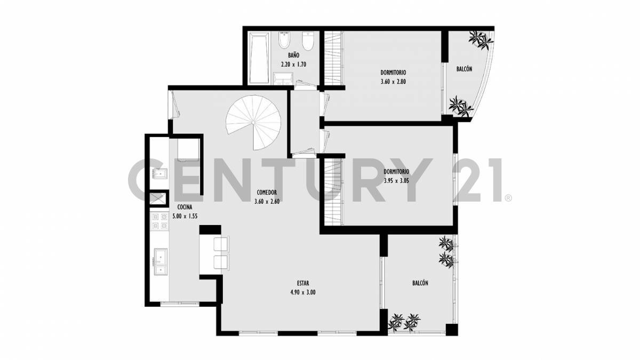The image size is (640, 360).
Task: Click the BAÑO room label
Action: point(293,55)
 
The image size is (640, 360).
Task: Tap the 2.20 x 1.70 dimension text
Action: point(293,64)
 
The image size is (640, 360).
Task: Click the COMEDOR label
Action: point(267,193)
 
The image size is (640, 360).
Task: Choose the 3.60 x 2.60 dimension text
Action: point(267,201)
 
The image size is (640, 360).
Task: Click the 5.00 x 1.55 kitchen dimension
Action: point(185,216)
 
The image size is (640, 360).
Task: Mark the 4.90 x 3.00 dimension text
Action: point(302,292)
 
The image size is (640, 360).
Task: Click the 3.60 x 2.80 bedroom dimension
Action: point(394,82)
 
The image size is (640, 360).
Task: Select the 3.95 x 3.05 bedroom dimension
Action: point(396,181)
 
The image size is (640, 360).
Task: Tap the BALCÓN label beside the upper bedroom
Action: point(464,69)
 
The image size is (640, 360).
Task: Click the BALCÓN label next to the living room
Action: point(420,283)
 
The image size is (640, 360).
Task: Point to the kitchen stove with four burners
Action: point(159,221)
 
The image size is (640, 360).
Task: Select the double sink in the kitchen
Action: point(159,261)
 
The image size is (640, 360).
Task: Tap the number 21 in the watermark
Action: point(474,180)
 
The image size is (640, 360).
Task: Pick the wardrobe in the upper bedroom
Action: point(333,59)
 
